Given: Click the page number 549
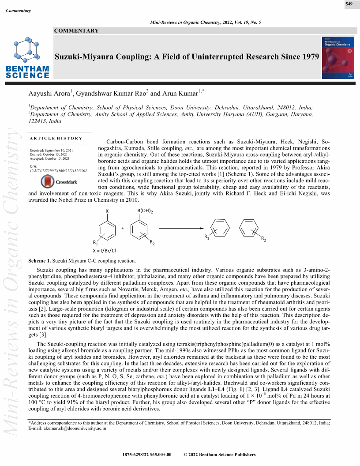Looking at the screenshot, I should pos(349,4).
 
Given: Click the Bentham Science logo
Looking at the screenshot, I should pos(27,57).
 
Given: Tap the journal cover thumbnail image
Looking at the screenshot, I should pos(338,58).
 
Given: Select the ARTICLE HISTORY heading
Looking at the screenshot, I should pos(56,138).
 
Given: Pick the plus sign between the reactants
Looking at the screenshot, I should pos(122,228).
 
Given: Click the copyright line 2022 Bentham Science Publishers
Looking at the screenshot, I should pos(219,455).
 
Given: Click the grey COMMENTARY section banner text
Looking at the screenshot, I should pos(76,30).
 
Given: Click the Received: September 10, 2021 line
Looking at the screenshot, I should pos(51,150).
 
